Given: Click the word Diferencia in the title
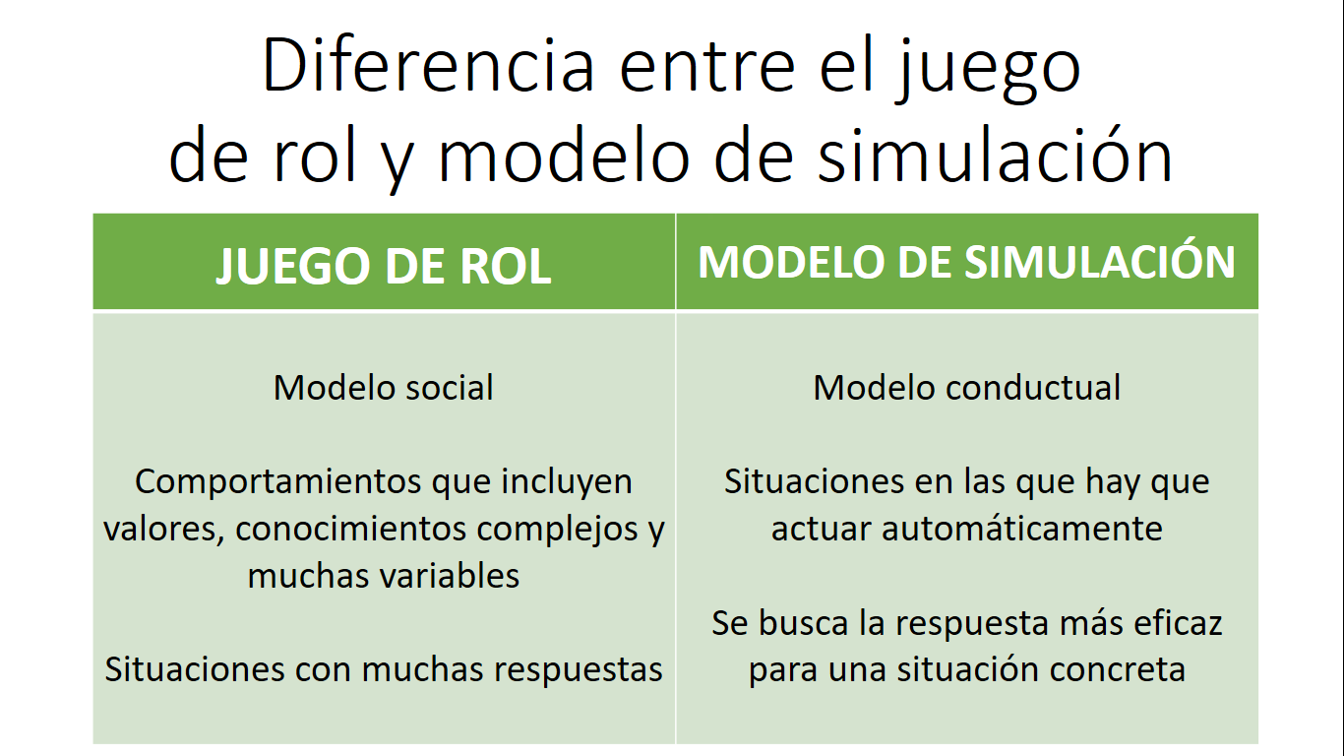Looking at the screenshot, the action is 428,65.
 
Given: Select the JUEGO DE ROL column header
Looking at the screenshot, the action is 384,266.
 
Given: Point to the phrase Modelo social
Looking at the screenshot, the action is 384,387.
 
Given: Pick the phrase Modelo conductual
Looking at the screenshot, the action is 966,387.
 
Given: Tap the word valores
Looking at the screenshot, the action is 163,529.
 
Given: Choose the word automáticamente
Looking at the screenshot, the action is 1022,529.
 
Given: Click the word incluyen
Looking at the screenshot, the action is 567,482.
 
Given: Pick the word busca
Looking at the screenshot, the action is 802,623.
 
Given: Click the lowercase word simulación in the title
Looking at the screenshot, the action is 996,154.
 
